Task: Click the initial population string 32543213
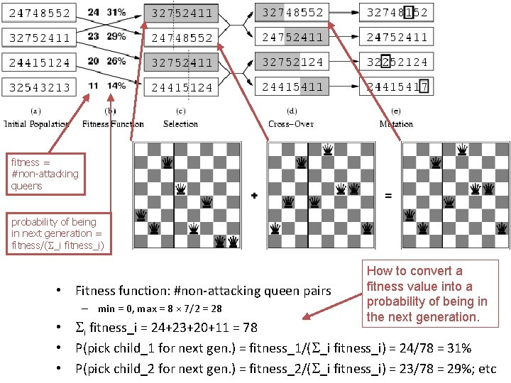(x=40, y=87)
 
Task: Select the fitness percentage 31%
(x=116, y=13)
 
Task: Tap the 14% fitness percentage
(x=116, y=86)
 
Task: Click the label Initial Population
(x=37, y=124)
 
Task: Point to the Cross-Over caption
(x=292, y=124)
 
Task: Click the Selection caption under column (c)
(x=181, y=124)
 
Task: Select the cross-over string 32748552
(x=292, y=13)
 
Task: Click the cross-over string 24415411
(x=292, y=87)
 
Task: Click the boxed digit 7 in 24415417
(x=423, y=87)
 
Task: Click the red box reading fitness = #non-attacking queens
(x=45, y=174)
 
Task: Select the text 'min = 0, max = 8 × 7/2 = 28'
(x=160, y=309)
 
